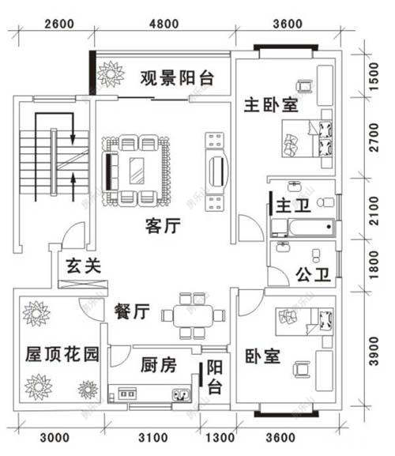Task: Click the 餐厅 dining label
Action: point(131,311)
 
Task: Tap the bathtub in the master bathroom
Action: point(301,228)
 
